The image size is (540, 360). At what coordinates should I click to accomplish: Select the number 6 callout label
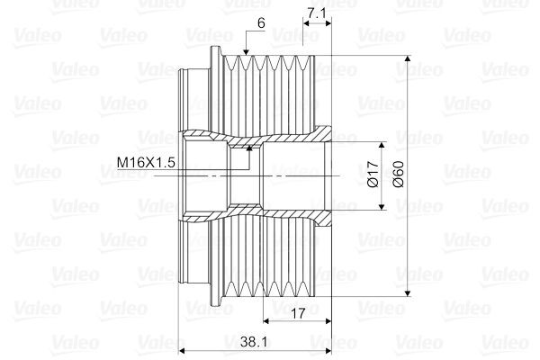coord(261,23)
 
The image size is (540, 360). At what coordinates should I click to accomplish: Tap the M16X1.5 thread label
coord(146,162)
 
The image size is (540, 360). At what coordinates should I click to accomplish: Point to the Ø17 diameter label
coord(373,174)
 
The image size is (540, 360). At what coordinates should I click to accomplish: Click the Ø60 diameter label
coord(398,174)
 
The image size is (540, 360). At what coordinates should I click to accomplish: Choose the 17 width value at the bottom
coord(298,313)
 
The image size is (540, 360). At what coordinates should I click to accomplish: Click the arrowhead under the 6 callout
coord(246,52)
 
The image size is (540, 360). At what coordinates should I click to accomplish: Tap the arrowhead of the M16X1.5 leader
coord(249,148)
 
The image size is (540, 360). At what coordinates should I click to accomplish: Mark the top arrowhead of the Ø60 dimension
coord(408,58)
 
